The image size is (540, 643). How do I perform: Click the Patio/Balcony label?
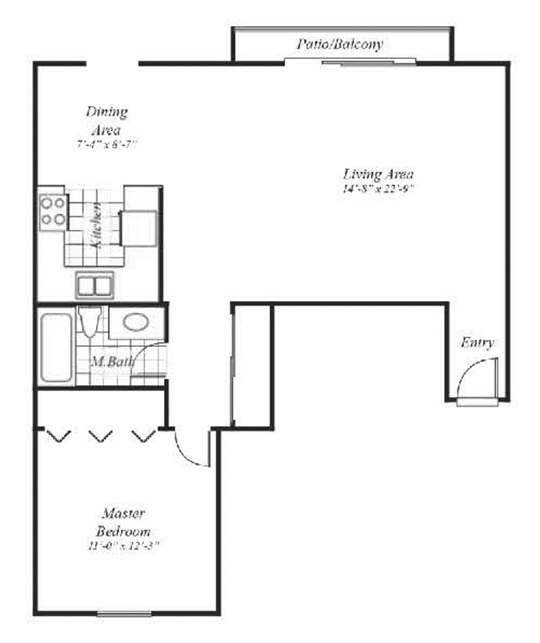(x=339, y=44)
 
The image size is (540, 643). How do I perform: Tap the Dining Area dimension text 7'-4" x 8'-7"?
(x=107, y=145)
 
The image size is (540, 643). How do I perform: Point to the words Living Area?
(x=378, y=174)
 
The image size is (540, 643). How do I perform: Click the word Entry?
(x=477, y=343)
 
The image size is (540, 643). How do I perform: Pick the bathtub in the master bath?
(x=56, y=347)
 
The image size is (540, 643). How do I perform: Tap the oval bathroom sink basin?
(x=136, y=322)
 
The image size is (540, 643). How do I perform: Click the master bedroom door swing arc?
(x=187, y=452)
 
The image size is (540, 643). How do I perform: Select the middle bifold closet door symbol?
(x=100, y=436)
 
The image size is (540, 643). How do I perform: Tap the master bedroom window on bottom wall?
(x=124, y=614)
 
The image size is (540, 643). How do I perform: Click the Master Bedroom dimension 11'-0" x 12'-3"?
(x=123, y=546)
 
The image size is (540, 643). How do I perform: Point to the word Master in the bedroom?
(x=124, y=513)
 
